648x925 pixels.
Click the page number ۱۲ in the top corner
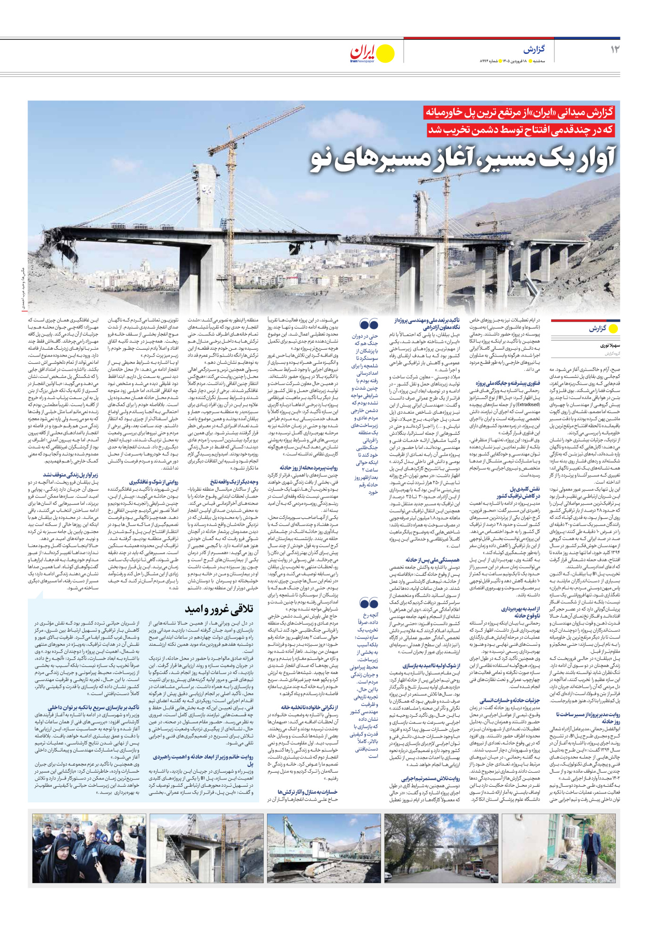[x=615, y=50]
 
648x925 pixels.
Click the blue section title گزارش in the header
[x=533, y=50]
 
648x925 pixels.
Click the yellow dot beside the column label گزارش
[x=614, y=329]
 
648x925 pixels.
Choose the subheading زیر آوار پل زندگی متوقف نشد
[x=70, y=474]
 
